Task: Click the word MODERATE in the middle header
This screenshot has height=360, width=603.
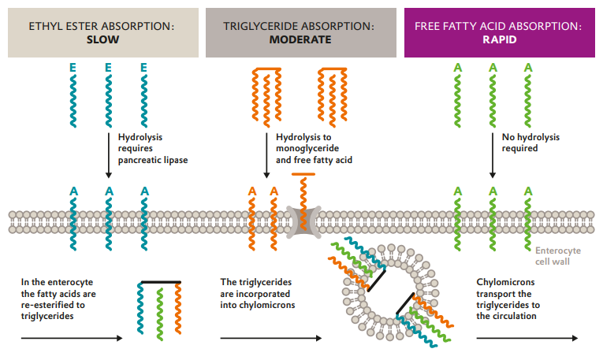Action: pos(300,39)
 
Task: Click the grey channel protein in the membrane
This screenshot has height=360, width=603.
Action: pos(302,221)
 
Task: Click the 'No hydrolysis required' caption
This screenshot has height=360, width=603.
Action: pos(530,142)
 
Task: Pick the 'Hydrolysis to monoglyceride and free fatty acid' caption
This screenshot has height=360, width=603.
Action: pos(314,148)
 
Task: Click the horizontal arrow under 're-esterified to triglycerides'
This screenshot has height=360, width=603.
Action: pos(71,339)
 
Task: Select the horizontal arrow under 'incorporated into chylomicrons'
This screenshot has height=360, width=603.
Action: pos(270,339)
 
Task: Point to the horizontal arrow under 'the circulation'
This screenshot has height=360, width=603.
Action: pos(527,339)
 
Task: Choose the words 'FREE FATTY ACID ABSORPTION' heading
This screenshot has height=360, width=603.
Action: pos(498,26)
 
